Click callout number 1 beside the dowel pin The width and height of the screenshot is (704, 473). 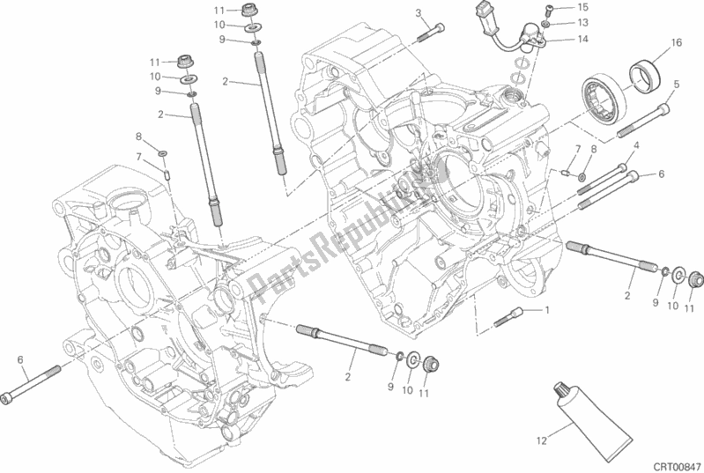[x=546, y=310]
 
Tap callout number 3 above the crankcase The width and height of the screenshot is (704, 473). [x=419, y=12]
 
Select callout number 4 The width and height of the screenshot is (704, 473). [x=634, y=144]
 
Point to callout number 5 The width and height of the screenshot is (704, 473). [x=676, y=84]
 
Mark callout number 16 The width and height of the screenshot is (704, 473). [x=676, y=42]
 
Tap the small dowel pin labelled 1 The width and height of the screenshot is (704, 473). [x=511, y=315]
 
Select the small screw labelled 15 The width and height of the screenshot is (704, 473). [x=546, y=9]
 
